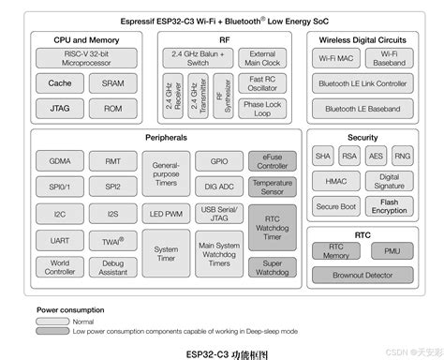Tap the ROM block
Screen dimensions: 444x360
pyautogui.click(x=112, y=108)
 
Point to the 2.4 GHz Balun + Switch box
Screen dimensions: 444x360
pyautogui.click(x=198, y=58)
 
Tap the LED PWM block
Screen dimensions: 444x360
pyautogui.click(x=166, y=214)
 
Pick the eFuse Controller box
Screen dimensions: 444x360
pyautogui.click(x=273, y=161)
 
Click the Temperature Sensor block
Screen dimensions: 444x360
pyautogui.click(x=273, y=187)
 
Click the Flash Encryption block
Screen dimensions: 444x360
pyautogui.click(x=390, y=206)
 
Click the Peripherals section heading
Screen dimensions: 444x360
pyautogui.click(x=166, y=138)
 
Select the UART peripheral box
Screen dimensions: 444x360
pyautogui.click(x=59, y=240)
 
